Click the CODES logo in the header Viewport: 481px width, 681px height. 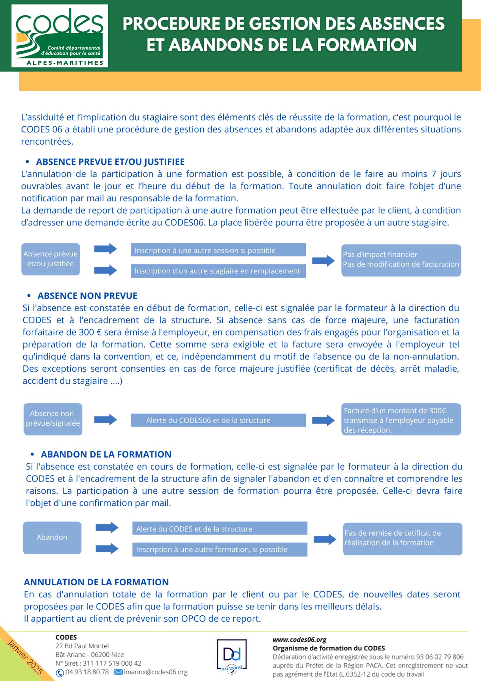click(60, 36)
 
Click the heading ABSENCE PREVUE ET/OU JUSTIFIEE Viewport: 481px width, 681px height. click(110, 162)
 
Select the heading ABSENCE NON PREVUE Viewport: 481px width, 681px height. click(87, 296)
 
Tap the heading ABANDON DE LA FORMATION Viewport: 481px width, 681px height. click(106, 455)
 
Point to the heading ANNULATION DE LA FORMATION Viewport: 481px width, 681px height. click(96, 582)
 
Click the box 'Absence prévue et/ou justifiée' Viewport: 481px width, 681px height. click(51, 259)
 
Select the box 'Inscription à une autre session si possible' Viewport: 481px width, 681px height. click(218, 250)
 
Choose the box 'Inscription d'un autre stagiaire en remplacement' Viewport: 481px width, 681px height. click(218, 271)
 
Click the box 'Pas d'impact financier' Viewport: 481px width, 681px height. click(401, 260)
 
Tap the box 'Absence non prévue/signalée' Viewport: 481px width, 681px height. click(53, 419)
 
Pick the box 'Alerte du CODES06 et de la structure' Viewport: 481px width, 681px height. click(218, 420)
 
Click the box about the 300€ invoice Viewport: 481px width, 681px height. click(401, 419)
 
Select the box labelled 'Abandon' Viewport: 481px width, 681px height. click(52, 537)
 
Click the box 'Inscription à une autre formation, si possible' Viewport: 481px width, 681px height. click(219, 550)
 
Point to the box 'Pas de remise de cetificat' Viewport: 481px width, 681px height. click(402, 538)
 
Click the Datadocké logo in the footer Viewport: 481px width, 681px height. click(232, 655)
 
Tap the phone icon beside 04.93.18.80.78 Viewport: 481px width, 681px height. click(60, 673)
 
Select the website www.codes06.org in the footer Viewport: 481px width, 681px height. click(299, 640)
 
